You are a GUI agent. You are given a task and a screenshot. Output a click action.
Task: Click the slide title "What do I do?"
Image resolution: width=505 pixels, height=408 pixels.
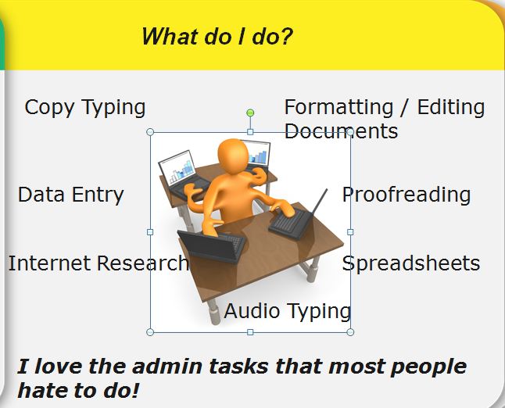tap(217, 37)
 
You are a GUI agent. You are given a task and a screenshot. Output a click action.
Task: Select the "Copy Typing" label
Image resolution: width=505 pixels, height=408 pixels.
tap(85, 108)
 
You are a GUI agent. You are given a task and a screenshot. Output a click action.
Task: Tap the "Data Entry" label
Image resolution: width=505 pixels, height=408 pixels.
tap(71, 195)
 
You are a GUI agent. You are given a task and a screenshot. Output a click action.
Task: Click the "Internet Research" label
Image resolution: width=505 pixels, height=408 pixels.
tap(98, 263)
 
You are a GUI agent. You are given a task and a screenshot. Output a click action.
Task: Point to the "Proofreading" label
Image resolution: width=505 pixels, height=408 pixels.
tap(407, 195)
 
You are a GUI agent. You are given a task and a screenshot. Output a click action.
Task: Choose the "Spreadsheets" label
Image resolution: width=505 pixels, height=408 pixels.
tap(411, 263)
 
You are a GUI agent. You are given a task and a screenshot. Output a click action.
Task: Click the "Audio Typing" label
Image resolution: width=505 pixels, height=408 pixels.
tap(287, 311)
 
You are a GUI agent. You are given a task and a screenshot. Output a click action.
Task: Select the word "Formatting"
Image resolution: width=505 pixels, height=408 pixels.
tap(338, 108)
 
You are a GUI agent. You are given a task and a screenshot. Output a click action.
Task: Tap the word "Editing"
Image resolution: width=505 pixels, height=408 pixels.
tap(451, 108)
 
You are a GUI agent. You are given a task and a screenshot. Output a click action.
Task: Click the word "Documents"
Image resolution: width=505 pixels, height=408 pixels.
tap(341, 131)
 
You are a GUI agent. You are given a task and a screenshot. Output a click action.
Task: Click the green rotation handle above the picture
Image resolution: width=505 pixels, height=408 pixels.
tap(250, 113)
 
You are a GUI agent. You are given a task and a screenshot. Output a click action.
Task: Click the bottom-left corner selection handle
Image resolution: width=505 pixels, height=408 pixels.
tap(150, 332)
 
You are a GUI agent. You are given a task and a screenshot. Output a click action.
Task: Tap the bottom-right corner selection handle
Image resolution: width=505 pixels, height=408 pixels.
tap(350, 332)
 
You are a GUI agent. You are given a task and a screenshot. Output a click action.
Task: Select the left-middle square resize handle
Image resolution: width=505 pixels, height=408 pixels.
tap(150, 232)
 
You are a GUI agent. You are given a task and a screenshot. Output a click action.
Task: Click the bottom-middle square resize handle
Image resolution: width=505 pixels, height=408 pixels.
tap(250, 332)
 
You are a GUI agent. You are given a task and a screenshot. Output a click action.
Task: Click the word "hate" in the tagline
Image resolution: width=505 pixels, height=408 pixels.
tap(43, 390)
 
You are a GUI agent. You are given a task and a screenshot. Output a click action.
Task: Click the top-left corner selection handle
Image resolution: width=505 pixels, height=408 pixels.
tap(150, 132)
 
